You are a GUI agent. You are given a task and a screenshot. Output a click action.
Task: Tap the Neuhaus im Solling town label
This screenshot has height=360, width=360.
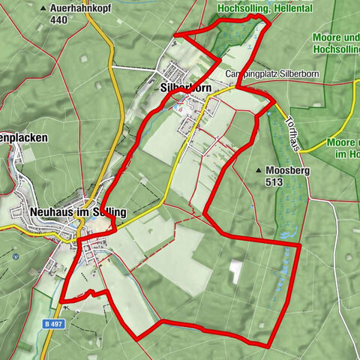pos(78,212)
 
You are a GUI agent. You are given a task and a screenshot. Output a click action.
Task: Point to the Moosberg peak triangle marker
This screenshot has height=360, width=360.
pos(259,170)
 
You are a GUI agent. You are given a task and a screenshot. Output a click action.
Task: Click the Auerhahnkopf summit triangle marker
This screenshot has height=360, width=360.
pos(45,8)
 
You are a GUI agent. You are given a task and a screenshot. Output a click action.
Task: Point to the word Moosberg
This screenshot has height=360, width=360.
pos(283,170)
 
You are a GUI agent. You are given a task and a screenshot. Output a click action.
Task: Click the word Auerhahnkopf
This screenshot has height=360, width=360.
pos(82,8)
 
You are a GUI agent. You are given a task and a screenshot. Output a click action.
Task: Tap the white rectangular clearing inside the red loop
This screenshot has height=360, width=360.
pos(237,271)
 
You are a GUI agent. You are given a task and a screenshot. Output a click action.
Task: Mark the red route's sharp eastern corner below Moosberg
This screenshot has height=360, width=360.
pos(299,244)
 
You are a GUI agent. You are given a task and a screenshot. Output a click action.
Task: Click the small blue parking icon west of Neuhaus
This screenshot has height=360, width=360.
pos(15,256)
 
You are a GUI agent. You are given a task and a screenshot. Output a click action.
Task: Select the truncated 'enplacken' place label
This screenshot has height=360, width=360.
pos(24,138)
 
